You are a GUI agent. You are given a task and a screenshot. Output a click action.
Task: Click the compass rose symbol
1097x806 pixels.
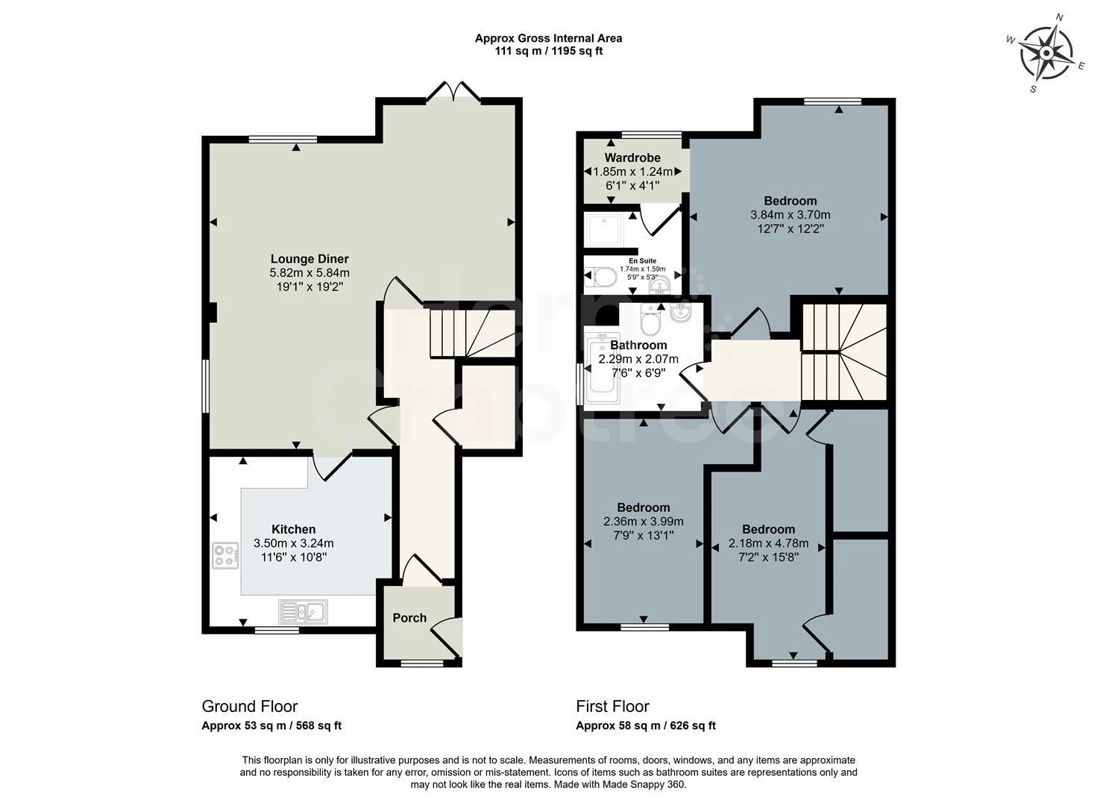click(x=1046, y=53)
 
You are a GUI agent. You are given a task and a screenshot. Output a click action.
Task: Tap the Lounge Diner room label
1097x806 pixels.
click(x=309, y=259)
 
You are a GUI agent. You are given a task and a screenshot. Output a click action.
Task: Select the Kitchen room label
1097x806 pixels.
click(x=293, y=529)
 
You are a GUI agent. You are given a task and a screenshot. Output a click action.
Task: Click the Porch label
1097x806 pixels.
click(x=409, y=618)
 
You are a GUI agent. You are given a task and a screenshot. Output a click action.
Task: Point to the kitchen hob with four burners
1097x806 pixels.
click(x=225, y=556)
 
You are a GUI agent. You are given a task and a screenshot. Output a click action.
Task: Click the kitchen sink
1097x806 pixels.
click(x=303, y=611)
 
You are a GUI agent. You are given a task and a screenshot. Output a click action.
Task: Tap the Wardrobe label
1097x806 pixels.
click(x=632, y=157)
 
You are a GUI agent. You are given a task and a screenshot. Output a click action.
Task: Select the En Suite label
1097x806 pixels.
click(x=643, y=261)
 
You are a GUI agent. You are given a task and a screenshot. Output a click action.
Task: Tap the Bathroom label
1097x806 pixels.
click(x=638, y=345)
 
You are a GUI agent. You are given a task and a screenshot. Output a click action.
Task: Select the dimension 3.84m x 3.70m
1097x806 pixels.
click(x=790, y=215)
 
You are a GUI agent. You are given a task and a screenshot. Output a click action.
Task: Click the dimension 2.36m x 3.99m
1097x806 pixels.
click(x=644, y=522)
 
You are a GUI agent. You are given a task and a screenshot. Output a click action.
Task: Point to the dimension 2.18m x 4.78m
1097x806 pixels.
click(x=768, y=543)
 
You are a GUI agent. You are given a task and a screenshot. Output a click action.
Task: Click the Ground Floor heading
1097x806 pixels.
click(x=250, y=707)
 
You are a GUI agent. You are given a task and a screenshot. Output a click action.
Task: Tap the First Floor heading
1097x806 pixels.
click(x=613, y=707)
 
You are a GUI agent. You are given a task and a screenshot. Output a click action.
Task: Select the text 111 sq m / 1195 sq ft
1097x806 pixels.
click(x=549, y=51)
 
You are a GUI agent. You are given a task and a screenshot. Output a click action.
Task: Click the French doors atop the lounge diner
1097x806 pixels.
click(x=453, y=92)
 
